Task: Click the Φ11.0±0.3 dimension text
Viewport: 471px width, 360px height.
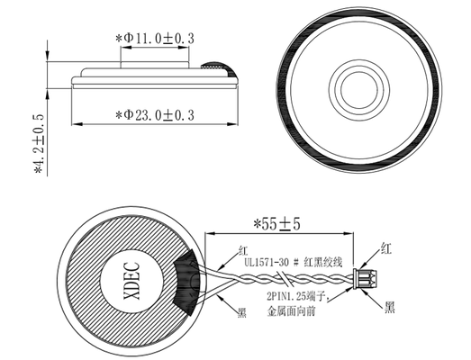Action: [155, 39]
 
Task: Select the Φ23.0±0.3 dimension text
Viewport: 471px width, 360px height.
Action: [155, 115]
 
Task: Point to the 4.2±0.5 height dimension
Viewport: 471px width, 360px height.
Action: [40, 144]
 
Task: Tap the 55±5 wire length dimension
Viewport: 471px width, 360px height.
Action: [276, 224]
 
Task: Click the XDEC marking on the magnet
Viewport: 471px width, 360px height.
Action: [132, 281]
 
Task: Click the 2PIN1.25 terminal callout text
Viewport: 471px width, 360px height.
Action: [297, 297]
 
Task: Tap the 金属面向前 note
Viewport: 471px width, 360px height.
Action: [291, 311]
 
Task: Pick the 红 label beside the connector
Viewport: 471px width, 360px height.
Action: [386, 248]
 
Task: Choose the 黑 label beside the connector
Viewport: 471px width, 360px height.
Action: [390, 307]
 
